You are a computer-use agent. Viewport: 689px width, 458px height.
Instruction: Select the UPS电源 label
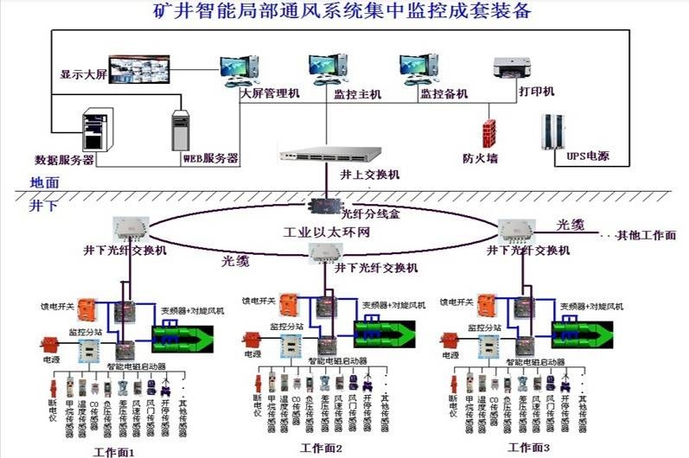pyautogui.click(x=566, y=156)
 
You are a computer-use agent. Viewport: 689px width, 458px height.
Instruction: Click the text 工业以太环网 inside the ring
pyautogui.click(x=326, y=233)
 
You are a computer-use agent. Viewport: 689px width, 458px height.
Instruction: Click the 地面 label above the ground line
pyautogui.click(x=44, y=182)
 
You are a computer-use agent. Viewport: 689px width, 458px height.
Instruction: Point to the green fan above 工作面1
pyautogui.click(x=184, y=334)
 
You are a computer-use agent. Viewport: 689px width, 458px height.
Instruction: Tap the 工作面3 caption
pyautogui.click(x=529, y=448)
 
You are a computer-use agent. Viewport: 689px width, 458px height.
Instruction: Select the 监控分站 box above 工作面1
pyautogui.click(x=89, y=347)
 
